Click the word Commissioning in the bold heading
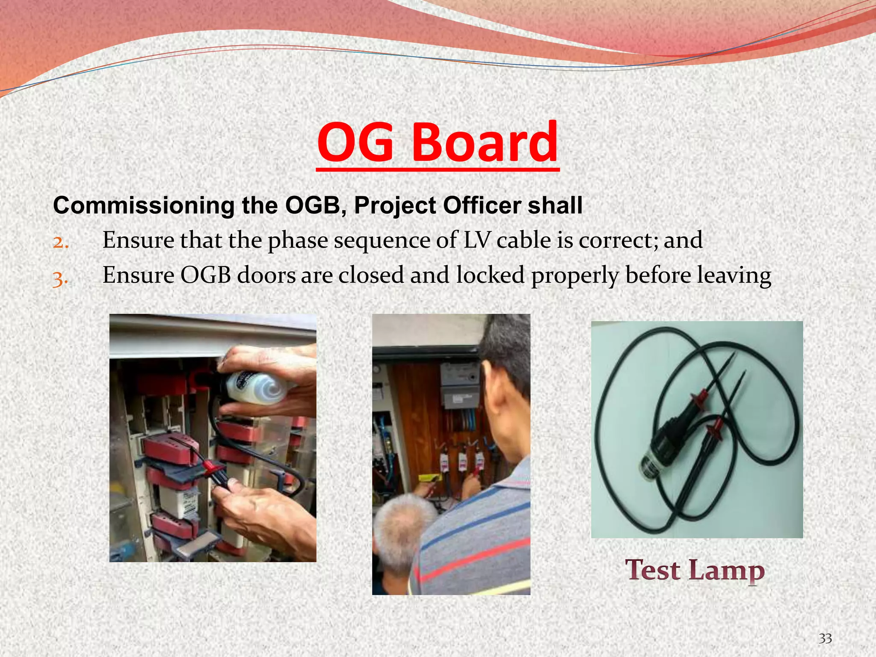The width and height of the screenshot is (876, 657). (x=144, y=206)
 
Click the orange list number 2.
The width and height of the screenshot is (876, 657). (x=60, y=242)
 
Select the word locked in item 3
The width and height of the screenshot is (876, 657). (x=490, y=275)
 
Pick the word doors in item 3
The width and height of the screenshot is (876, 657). (x=266, y=275)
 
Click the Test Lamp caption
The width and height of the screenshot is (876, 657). (x=695, y=571)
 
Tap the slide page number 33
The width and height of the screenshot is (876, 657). (x=825, y=639)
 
